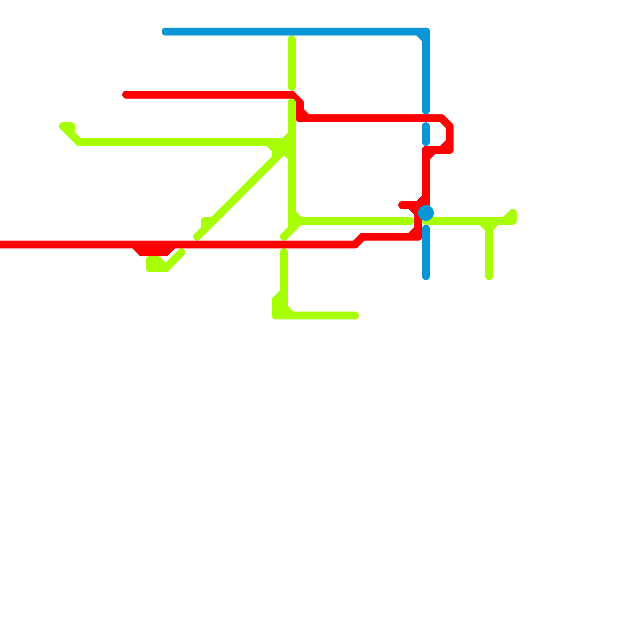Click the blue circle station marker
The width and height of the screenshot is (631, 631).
coord(426,213)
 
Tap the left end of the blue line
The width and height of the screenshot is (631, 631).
coord(165,32)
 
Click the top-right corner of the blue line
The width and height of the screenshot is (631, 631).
coord(426,32)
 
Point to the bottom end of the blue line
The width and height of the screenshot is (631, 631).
coord(426,276)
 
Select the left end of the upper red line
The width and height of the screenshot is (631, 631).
coord(126,95)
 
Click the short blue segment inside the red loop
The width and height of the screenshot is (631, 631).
coord(426,134)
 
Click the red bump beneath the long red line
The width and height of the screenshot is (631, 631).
coord(154,251)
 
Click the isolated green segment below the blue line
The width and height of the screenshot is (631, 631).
coord(292,63)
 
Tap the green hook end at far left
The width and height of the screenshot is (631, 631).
coord(63,126)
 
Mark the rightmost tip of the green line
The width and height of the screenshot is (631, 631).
coord(513,215)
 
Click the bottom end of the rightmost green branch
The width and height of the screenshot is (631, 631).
coord(489,276)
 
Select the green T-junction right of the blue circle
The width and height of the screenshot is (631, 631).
coord(489,223)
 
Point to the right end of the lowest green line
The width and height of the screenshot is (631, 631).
coord(355,315)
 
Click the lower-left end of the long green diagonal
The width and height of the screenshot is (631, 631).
coord(197,237)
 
